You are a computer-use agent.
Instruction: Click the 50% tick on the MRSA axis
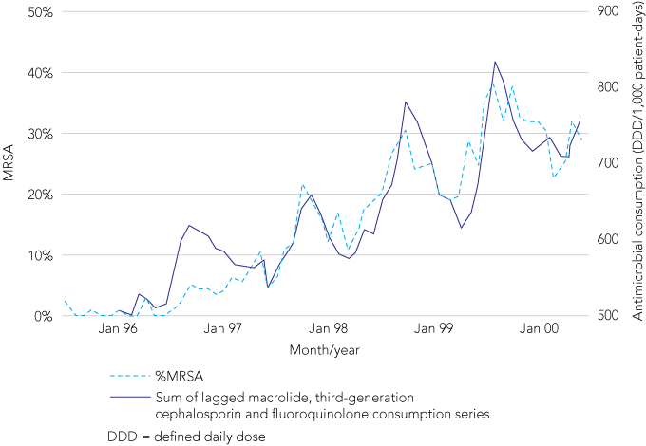(x=38, y=12)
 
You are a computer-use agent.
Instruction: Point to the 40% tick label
(x=38, y=73)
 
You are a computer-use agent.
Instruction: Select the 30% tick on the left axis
(x=38, y=134)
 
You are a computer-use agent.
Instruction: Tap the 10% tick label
(x=38, y=255)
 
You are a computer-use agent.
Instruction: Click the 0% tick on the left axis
(x=41, y=316)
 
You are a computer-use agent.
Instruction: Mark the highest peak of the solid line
(x=495, y=62)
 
